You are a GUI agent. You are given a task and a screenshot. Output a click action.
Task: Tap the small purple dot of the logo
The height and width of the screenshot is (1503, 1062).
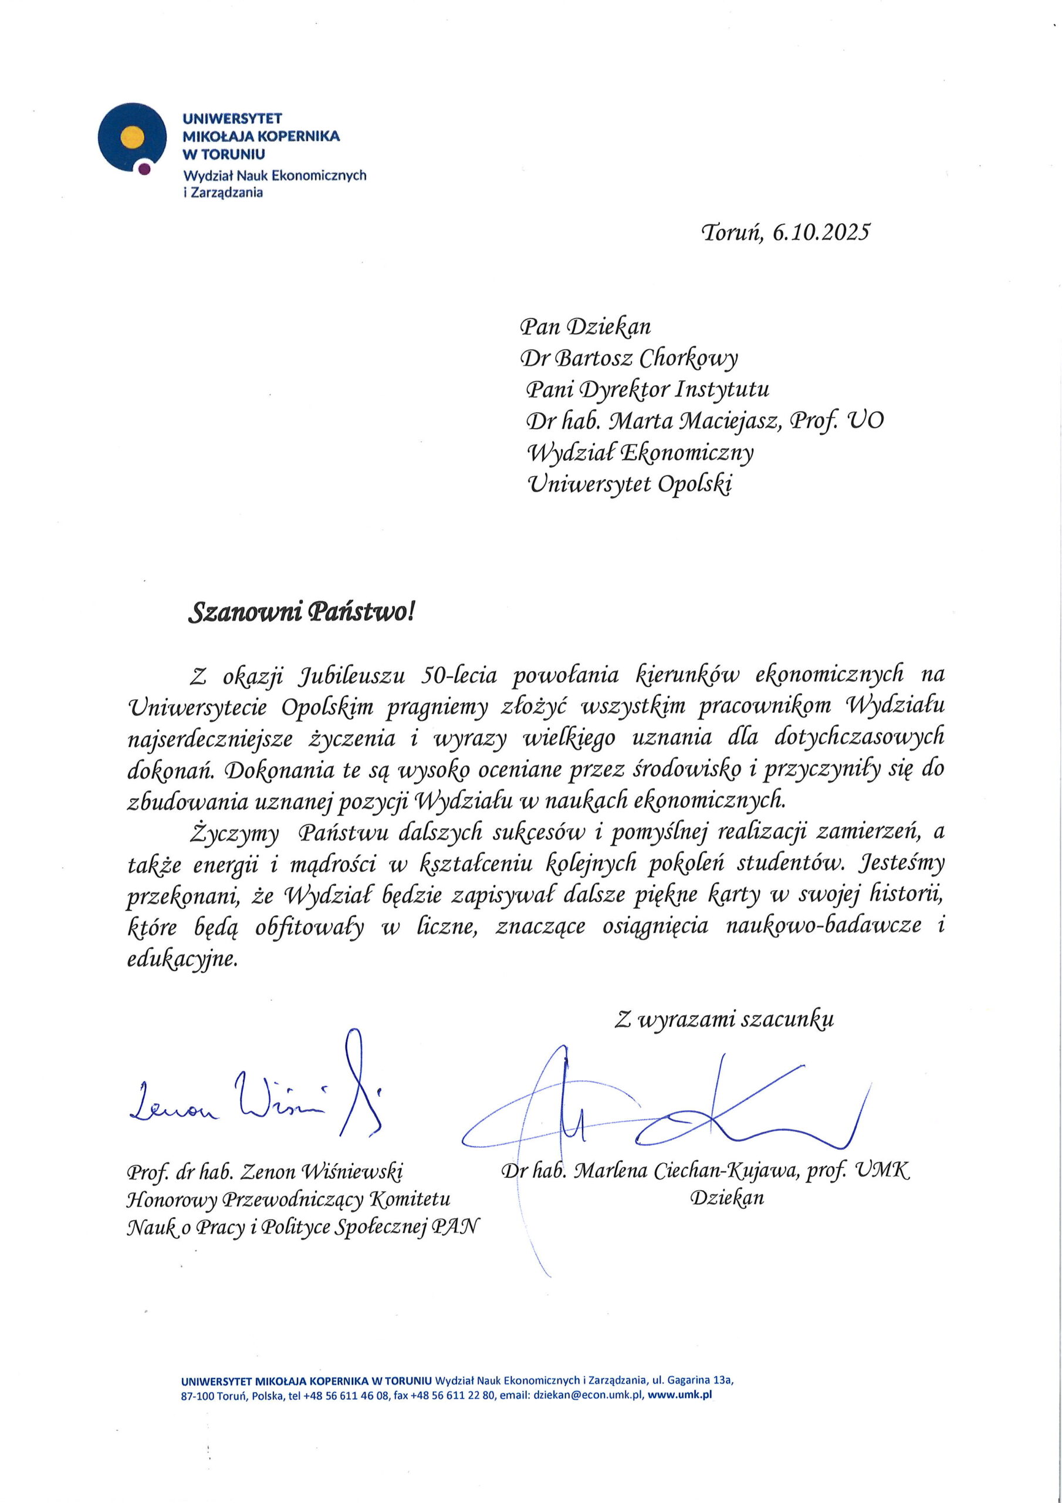click(144, 169)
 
